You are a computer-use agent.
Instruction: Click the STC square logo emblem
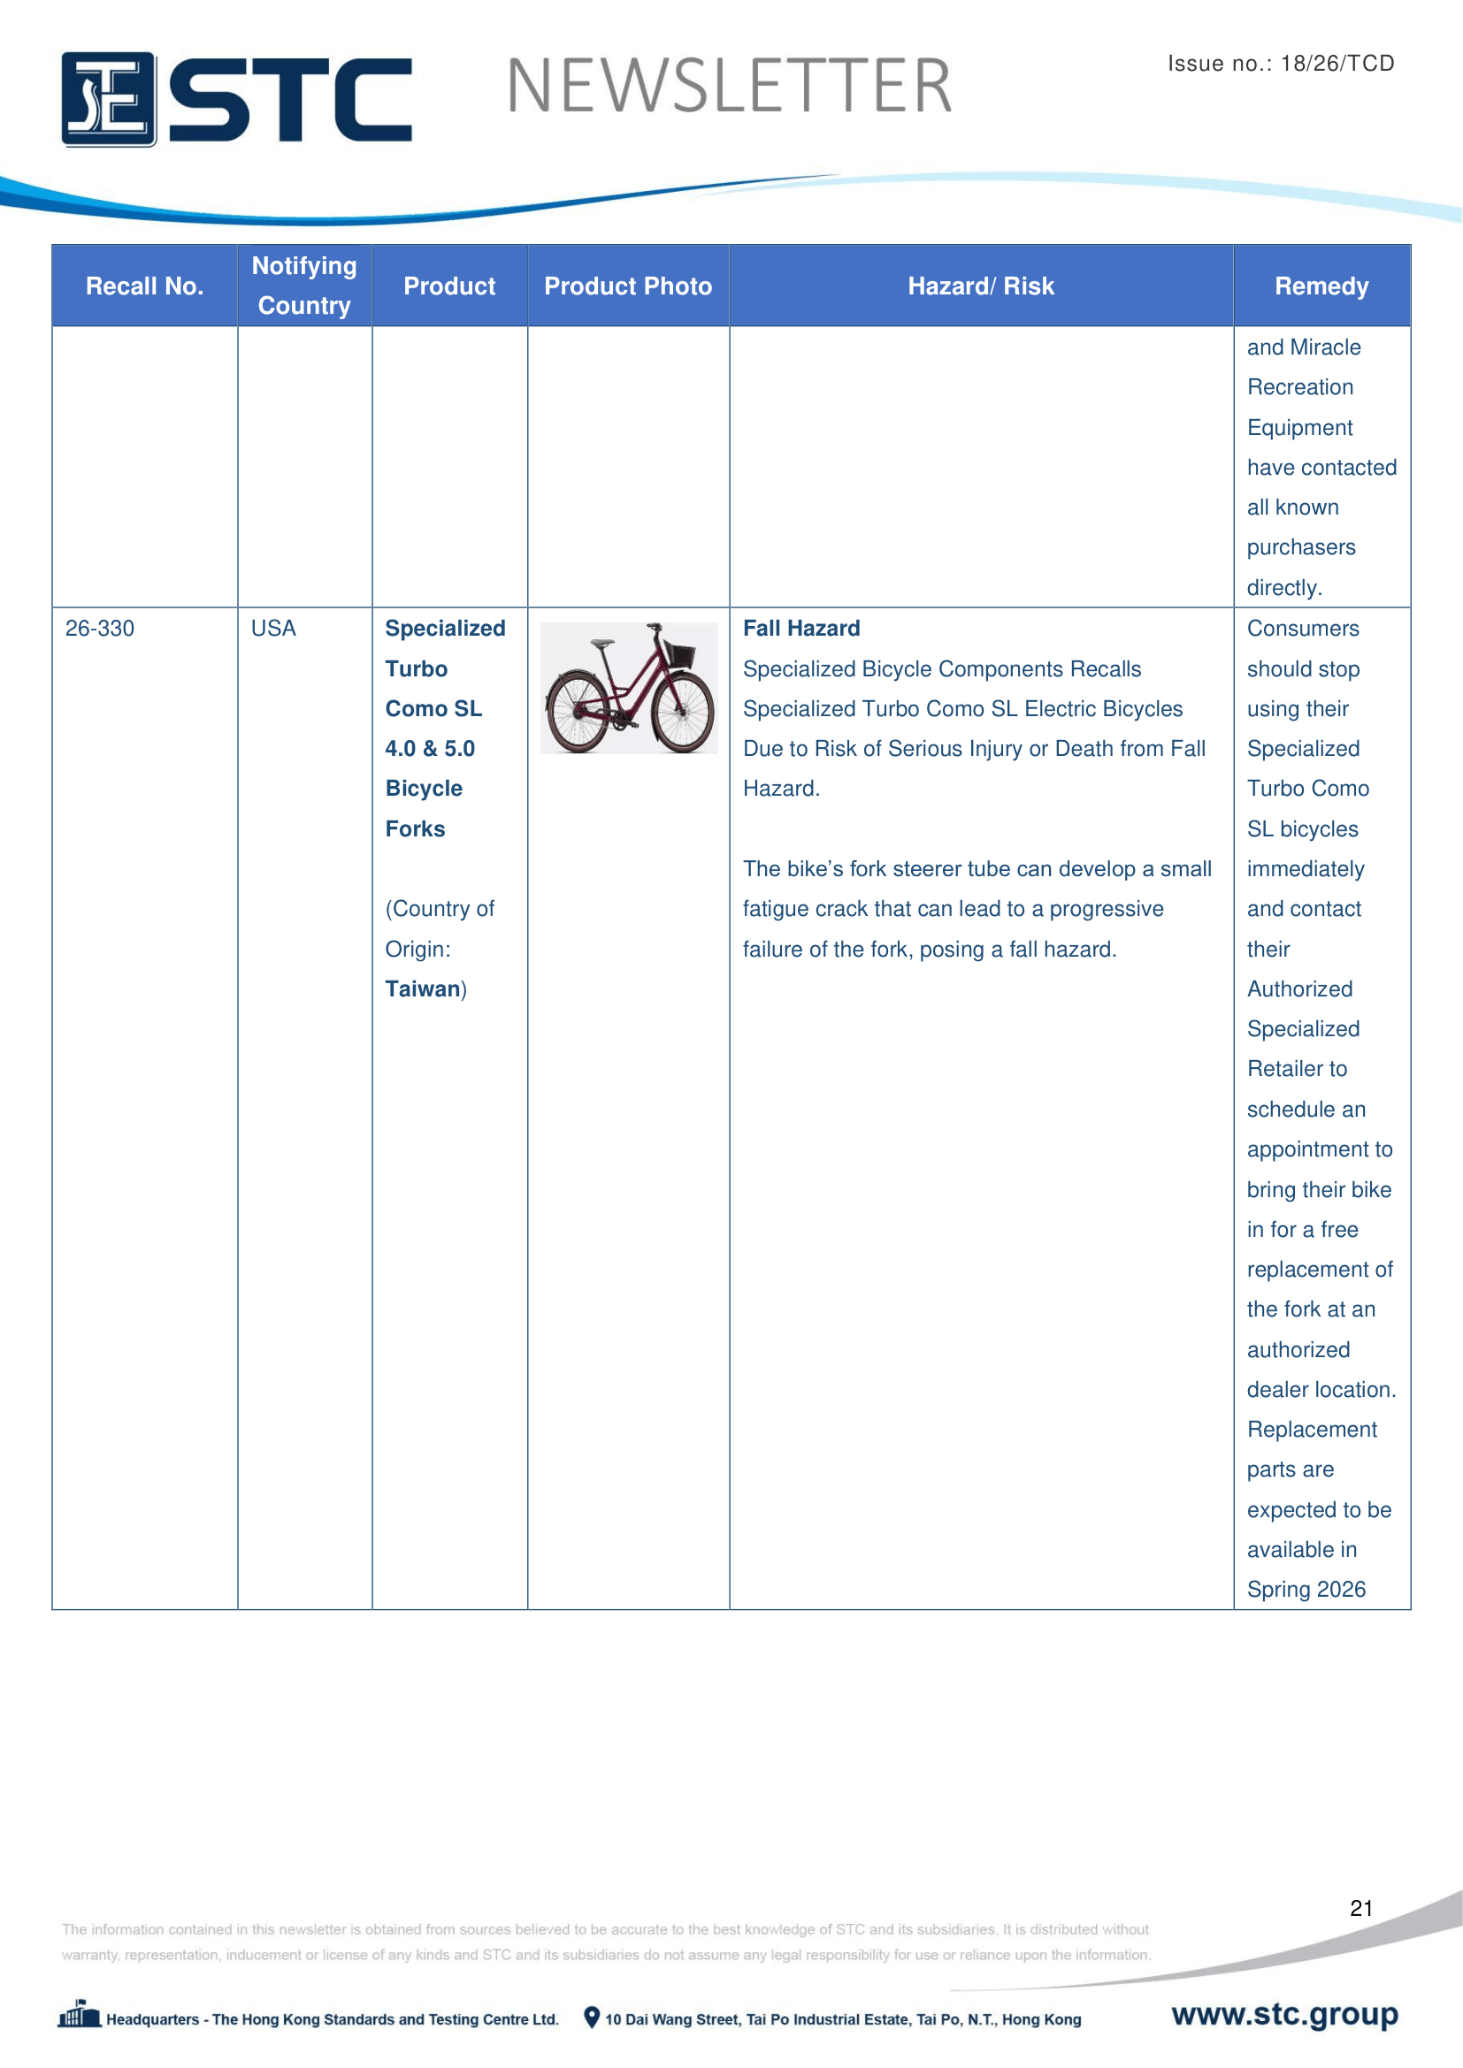pyautogui.click(x=108, y=99)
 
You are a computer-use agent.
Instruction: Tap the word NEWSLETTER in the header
pyautogui.click(x=729, y=87)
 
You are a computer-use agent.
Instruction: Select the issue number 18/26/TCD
pyautogui.click(x=1337, y=63)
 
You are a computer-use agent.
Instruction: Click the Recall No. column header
pyautogui.click(x=144, y=286)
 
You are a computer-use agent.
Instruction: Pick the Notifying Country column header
pyautogui.click(x=304, y=286)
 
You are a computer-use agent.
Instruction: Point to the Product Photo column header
pyautogui.click(x=628, y=286)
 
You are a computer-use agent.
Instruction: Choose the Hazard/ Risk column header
pyautogui.click(x=980, y=286)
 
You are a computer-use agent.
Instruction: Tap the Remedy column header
pyautogui.click(x=1321, y=286)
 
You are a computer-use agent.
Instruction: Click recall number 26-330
pyautogui.click(x=99, y=629)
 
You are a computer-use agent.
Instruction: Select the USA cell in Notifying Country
pyautogui.click(x=273, y=629)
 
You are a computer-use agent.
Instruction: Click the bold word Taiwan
pyautogui.click(x=423, y=989)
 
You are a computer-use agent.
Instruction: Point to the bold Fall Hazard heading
pyautogui.click(x=800, y=629)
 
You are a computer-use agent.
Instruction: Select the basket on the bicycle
pyautogui.click(x=678, y=654)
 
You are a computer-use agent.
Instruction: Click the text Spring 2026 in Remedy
pyautogui.click(x=1306, y=1590)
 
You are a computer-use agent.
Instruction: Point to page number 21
pyautogui.click(x=1360, y=1908)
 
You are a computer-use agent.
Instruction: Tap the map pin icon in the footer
pyautogui.click(x=591, y=2018)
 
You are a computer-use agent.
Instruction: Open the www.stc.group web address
pyautogui.click(x=1283, y=2014)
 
